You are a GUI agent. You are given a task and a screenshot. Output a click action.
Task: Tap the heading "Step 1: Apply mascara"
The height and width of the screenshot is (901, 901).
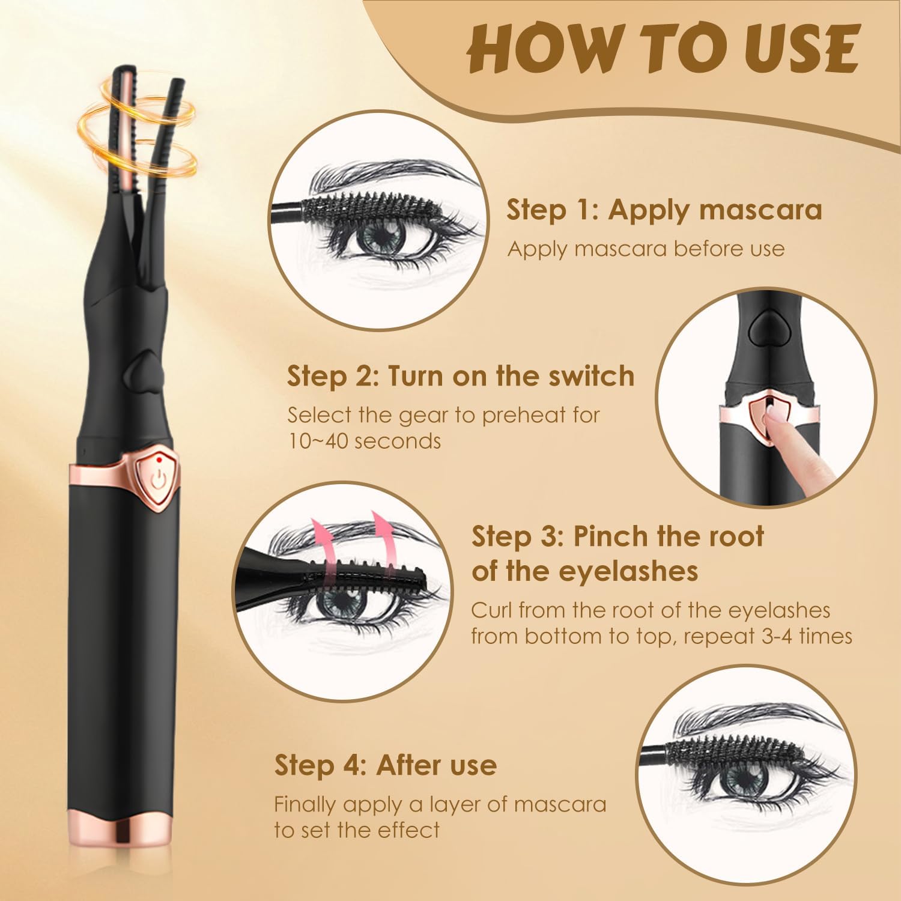pos(664,210)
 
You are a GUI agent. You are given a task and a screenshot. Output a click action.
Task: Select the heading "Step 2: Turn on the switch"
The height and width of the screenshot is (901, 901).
pos(461,376)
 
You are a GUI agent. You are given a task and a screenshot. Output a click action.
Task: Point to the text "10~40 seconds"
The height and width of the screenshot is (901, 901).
pos(364,441)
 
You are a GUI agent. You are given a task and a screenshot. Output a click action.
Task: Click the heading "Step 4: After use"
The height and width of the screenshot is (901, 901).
pos(386,765)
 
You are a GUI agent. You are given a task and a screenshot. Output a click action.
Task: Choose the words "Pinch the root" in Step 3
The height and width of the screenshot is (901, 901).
pos(668,536)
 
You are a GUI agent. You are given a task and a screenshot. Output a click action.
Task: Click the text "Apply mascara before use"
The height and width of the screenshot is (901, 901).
pos(646,249)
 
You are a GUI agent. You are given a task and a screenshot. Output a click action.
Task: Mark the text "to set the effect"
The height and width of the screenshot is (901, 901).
pos(357,830)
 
